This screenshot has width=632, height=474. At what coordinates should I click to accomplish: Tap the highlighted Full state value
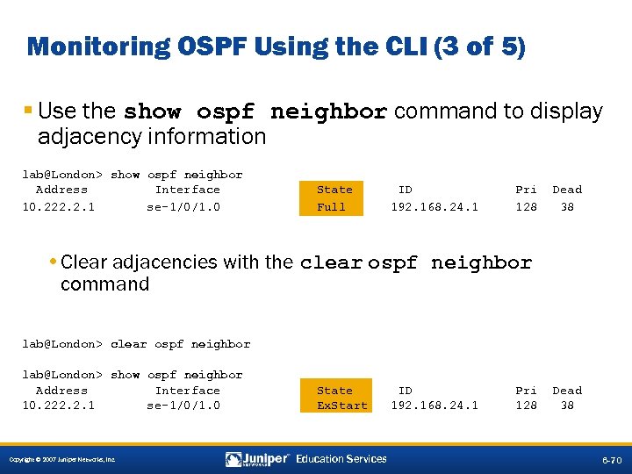click(331, 207)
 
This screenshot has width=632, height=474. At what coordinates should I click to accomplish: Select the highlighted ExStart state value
click(342, 406)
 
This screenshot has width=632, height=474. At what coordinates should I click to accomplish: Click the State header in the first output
click(334, 190)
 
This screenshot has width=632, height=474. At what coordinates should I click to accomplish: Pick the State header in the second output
click(334, 391)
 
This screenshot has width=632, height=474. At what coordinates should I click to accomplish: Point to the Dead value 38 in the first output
click(567, 207)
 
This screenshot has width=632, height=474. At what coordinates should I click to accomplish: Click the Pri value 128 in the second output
click(526, 406)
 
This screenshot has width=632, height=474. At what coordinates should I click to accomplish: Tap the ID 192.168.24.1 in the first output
click(434, 207)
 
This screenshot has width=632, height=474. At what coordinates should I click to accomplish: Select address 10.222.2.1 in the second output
click(59, 406)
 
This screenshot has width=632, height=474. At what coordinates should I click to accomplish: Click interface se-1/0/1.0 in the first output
click(183, 207)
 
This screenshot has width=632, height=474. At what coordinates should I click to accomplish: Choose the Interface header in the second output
click(187, 391)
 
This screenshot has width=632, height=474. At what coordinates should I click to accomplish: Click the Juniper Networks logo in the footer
click(257, 459)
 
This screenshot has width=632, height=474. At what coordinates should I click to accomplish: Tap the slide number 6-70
click(611, 460)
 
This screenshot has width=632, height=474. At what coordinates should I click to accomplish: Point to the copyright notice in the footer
click(61, 460)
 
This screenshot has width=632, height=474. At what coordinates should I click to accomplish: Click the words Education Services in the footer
click(341, 459)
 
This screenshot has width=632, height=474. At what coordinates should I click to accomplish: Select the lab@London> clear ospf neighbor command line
click(136, 344)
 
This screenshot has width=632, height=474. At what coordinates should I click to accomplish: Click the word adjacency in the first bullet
click(83, 136)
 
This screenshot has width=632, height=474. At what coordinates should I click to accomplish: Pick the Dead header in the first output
click(566, 190)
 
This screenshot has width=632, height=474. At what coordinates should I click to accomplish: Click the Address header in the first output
click(61, 190)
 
